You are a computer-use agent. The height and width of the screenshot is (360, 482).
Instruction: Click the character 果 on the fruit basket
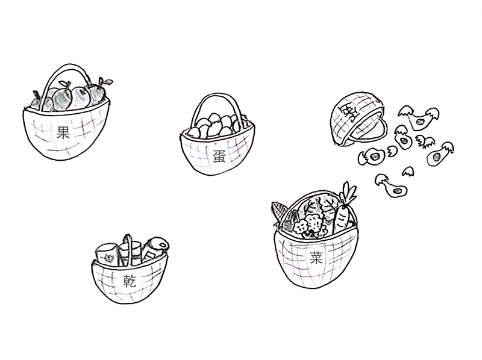pyautogui.click(x=63, y=132)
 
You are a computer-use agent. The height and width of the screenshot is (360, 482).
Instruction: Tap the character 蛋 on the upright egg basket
pyautogui.click(x=219, y=156)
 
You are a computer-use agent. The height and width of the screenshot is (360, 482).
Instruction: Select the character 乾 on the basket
pyautogui.click(x=130, y=281)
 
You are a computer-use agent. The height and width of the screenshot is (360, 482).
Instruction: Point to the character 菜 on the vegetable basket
pyautogui.click(x=316, y=258)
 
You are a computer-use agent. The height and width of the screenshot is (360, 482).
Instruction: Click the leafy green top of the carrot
pyautogui.click(x=348, y=193)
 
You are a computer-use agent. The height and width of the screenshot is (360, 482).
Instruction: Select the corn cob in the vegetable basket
pyautogui.click(x=279, y=211)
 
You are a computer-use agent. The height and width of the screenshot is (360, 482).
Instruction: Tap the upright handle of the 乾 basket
pyautogui.click(x=128, y=249)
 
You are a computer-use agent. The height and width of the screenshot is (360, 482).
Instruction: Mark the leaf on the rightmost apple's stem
pyautogui.click(x=108, y=82)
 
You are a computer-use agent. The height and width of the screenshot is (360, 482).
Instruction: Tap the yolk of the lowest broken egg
pyautogui.click(x=397, y=191)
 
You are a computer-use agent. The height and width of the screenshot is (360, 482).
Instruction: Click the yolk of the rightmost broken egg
pyautogui.click(x=436, y=157)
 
